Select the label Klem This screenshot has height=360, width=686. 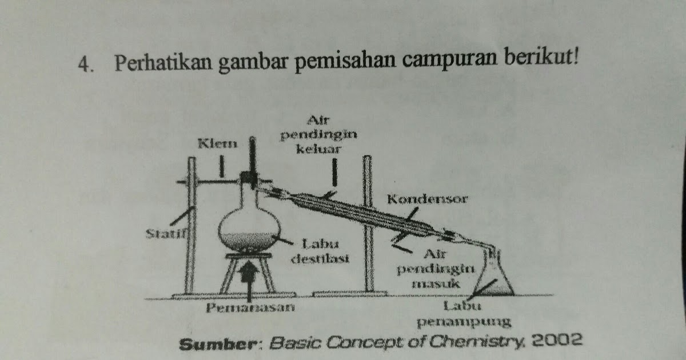[x=217, y=143]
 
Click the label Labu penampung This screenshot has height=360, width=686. [x=463, y=314]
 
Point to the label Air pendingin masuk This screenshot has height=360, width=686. [x=439, y=267]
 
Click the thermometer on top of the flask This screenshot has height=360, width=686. [x=252, y=157]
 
